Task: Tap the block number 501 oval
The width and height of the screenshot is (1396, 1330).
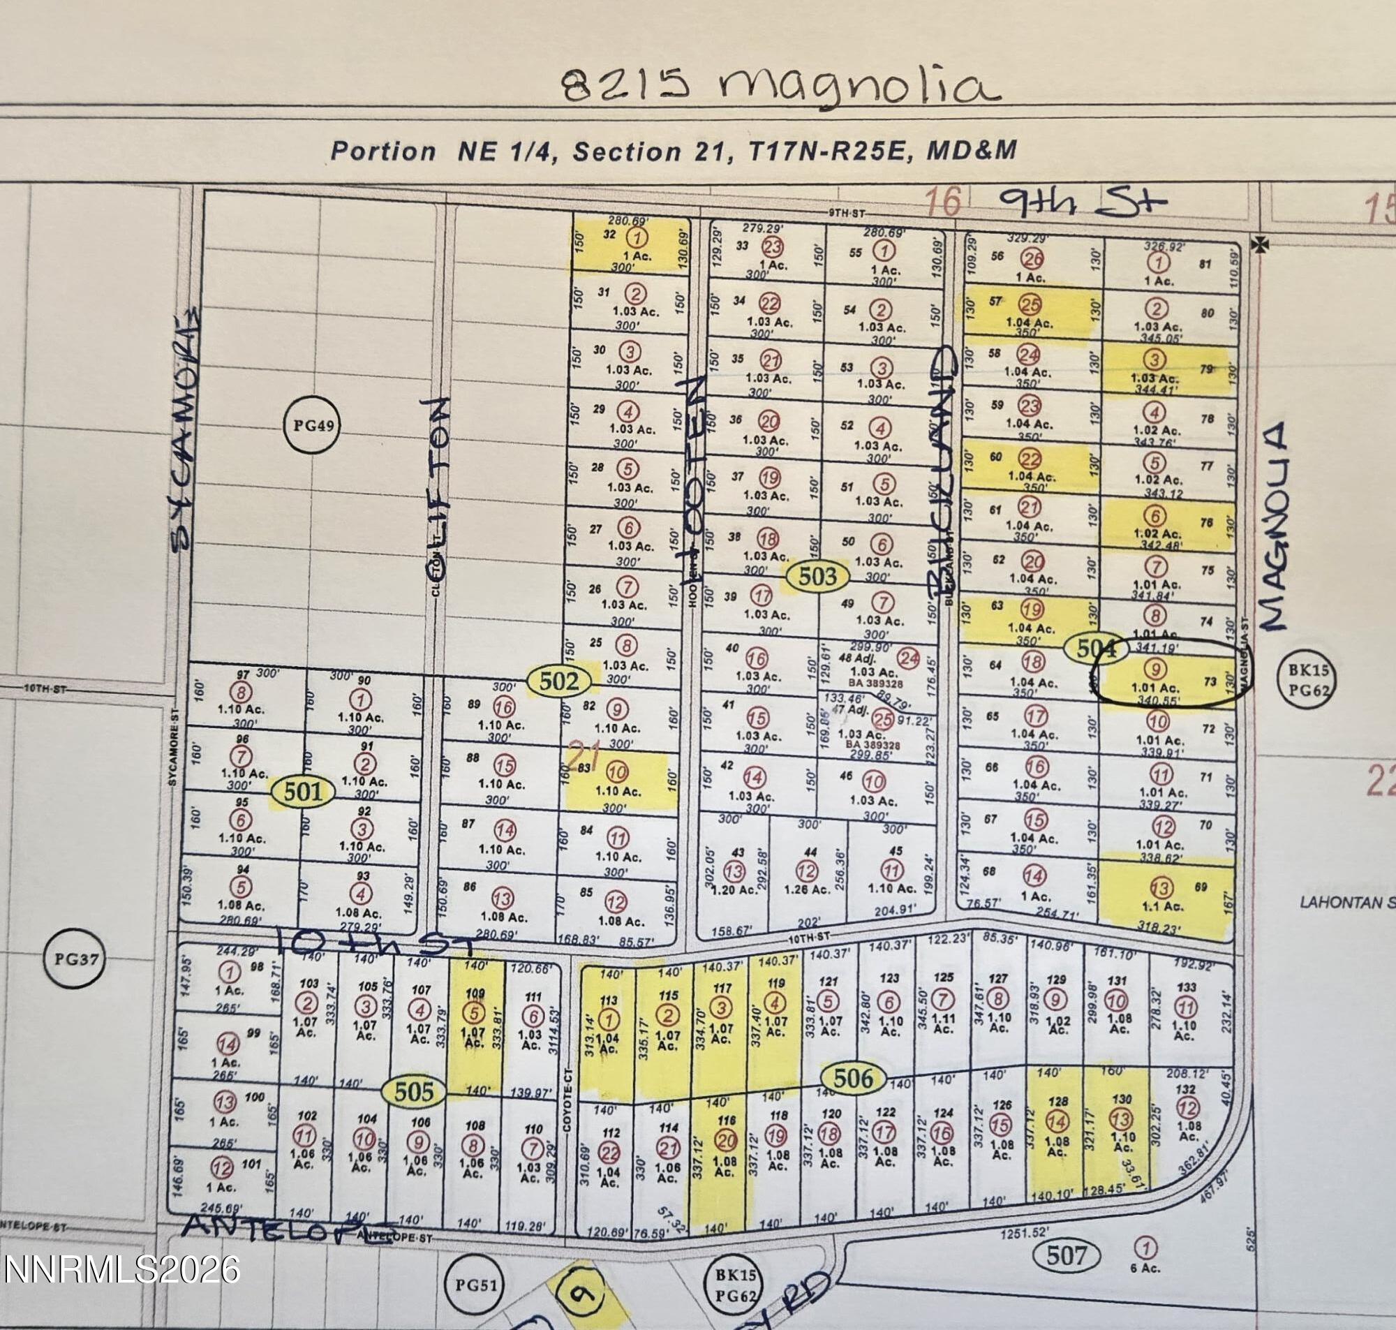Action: click(303, 791)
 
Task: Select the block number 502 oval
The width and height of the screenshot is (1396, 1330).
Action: click(559, 681)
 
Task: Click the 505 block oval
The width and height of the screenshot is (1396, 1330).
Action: click(413, 1091)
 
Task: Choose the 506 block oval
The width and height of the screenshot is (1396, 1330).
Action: click(852, 1079)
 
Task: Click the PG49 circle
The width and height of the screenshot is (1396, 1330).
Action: click(313, 426)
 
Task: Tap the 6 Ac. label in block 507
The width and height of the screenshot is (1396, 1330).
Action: click(1145, 1267)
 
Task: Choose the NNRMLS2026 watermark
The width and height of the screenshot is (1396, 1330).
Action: click(121, 1269)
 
